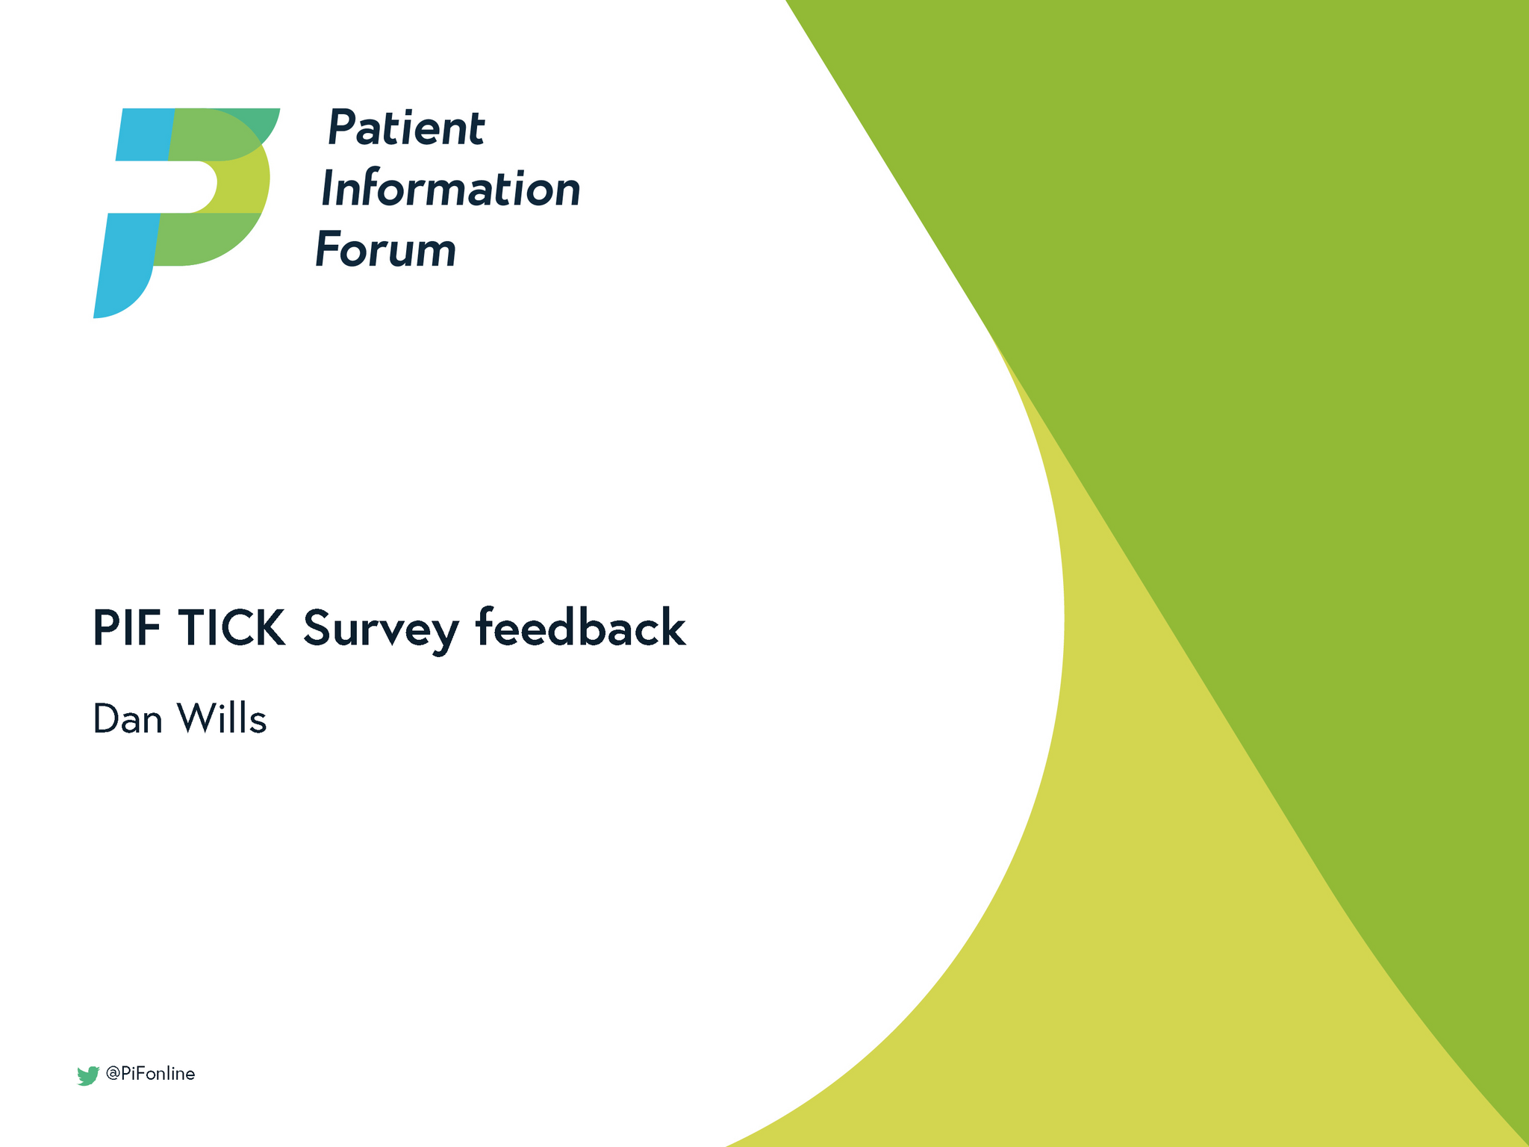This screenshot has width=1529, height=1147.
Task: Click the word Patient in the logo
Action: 405,128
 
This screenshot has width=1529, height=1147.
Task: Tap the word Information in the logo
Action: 450,189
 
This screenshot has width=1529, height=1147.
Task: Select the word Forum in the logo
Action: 385,249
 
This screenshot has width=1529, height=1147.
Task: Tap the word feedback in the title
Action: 580,628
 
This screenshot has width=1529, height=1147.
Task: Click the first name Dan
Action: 128,719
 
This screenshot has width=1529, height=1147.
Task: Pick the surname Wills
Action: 221,719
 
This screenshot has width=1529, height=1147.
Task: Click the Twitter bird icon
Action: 88,1075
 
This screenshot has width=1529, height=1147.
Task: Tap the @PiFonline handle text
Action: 150,1074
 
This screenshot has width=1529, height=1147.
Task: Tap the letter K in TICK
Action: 269,628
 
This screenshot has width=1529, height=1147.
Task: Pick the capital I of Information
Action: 327,189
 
